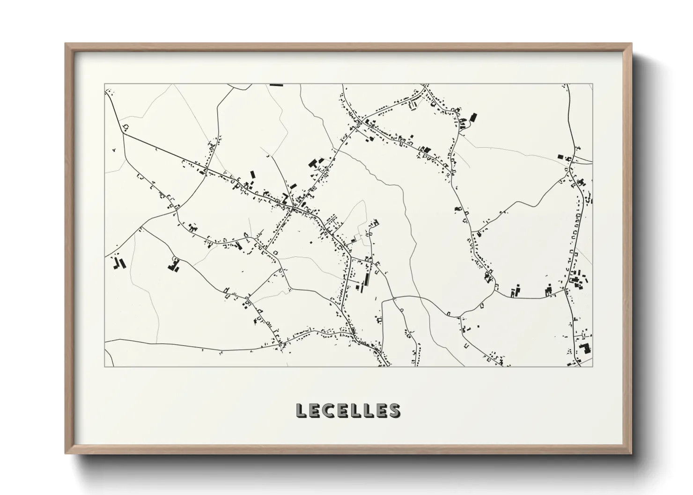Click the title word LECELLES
pyautogui.click(x=348, y=410)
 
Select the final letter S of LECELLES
pyautogui.click(x=394, y=410)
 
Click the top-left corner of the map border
pyautogui.click(x=104, y=84)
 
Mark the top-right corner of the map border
pyautogui.click(x=592, y=84)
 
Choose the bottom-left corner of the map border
pyautogui.click(x=104, y=366)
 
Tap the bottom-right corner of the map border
pyautogui.click(x=592, y=366)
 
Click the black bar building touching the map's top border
pyautogui.click(x=276, y=85)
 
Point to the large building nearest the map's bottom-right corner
pyautogui.click(x=583, y=349)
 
